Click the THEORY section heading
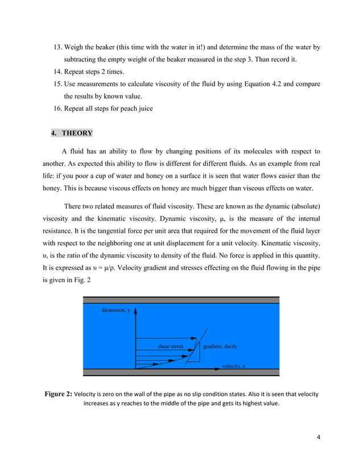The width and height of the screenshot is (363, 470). pos(76,133)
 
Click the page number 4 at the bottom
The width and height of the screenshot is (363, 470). pos(319,437)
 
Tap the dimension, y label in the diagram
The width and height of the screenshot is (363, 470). pos(116,311)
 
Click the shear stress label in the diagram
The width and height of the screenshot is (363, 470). pos(170,345)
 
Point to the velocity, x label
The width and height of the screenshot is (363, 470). pos(233,366)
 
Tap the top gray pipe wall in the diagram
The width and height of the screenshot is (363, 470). pos(181,300)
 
